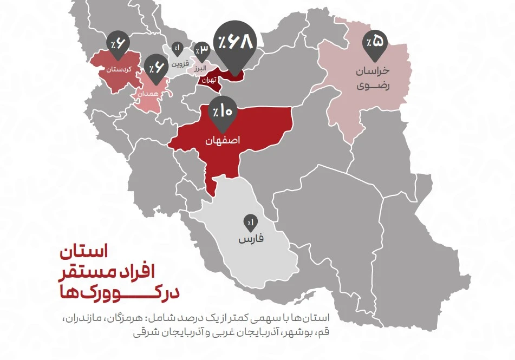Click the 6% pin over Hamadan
[x=157, y=68]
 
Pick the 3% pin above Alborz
[x=202, y=51]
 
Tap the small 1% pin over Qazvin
[x=178, y=49]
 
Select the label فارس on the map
[x=251, y=239]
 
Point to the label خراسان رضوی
[x=373, y=78]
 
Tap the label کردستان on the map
[x=119, y=69]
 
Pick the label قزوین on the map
[x=180, y=63]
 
